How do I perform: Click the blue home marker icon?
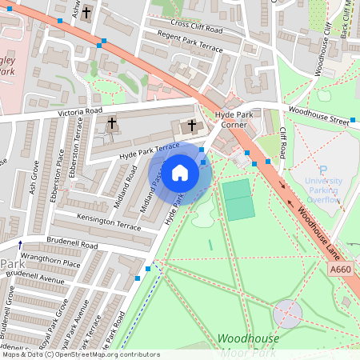click(180, 172)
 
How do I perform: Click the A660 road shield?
click(340, 270)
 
